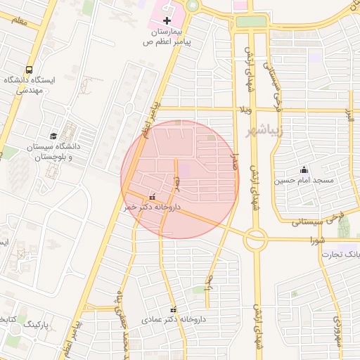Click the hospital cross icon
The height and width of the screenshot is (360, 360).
coord(167,20)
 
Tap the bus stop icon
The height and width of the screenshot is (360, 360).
coord(29,70)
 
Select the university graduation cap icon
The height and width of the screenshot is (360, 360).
coord(53,136)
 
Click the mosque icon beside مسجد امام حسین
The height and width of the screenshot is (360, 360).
coord(304,169)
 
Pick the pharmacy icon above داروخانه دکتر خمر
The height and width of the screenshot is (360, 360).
coord(153,197)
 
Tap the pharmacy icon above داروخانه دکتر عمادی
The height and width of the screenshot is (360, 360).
coord(173,309)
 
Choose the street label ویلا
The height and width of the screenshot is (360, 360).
coord(245,110)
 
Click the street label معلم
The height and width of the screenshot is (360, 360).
coord(19,22)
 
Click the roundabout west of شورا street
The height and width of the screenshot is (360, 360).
coord(255,240)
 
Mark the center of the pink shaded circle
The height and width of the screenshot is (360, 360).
coord(180,179)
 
